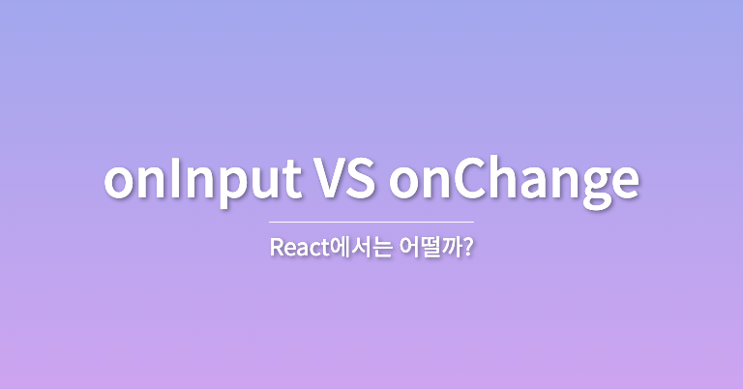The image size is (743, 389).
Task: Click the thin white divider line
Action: point(371,222)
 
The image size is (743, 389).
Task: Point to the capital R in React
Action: point(276,248)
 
